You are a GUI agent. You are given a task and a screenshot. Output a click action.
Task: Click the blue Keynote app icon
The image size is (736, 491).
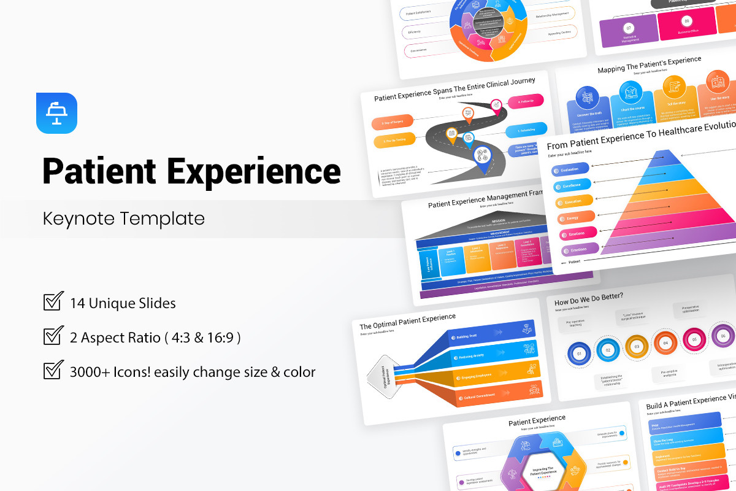point(56,113)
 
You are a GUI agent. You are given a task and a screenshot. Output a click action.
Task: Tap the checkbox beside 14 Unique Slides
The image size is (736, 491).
point(53,302)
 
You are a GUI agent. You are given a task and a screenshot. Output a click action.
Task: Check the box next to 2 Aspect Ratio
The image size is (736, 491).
point(53,336)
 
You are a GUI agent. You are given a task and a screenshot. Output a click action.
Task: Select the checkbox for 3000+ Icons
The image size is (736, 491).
point(53,371)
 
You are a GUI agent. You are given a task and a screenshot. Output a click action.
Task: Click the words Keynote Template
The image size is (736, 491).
point(123,218)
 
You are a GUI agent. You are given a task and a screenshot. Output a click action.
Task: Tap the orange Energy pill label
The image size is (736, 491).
point(576,217)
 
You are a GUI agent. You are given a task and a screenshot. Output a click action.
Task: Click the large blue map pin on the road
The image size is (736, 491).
point(483,157)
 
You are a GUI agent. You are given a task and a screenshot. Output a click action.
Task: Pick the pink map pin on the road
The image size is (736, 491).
point(496,106)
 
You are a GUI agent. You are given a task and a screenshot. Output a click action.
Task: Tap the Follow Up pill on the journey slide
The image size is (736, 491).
point(524,101)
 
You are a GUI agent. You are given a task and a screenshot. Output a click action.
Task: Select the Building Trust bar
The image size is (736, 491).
point(491,334)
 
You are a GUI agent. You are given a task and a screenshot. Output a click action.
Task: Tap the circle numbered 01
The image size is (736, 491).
point(578,353)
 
